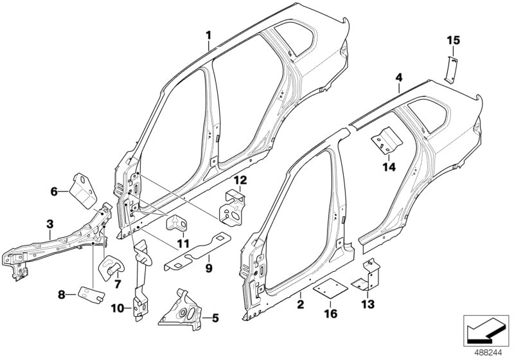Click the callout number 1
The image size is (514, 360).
click(208, 34)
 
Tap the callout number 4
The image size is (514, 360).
click(398, 78)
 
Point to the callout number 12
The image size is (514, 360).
click(240, 180)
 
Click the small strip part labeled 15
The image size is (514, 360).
click(451, 67)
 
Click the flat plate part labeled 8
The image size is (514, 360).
click(91, 294)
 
